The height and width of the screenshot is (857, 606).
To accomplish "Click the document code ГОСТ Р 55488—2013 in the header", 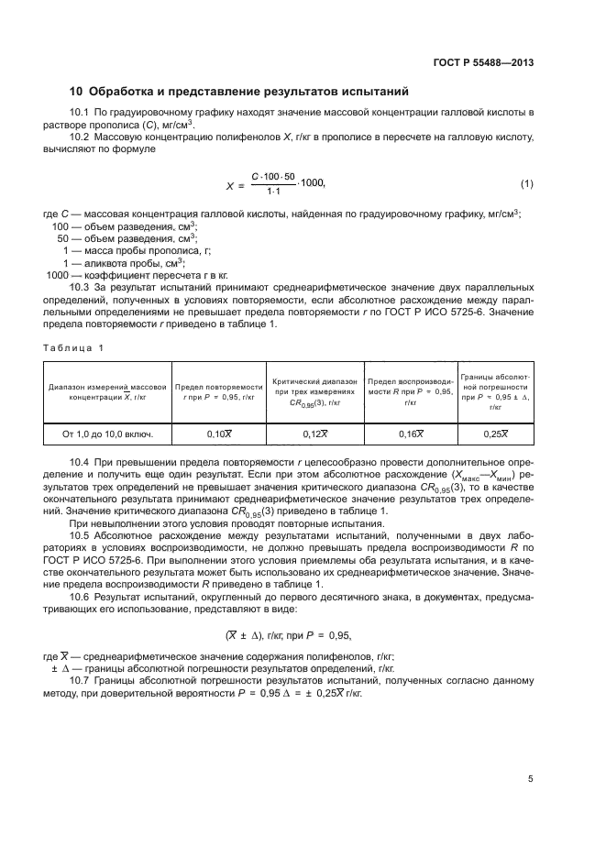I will pos(482,62).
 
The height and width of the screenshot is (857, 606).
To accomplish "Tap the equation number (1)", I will pos(526,184).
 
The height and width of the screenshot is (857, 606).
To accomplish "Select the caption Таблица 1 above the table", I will pos(74,347).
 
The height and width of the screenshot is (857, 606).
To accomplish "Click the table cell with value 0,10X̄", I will pos(218,433).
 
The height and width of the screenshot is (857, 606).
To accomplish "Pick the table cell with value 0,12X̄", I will pos(314,433).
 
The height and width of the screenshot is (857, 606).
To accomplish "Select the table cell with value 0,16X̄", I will pos(410,433).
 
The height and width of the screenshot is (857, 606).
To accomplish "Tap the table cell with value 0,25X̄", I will pos(495,433).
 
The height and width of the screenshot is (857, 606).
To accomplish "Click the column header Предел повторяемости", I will pos(218,392).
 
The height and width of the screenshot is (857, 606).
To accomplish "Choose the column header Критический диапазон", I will pos(314,391).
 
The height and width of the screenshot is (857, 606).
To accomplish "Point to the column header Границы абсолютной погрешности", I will pos(495,391).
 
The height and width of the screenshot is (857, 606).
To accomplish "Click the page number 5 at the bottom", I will pos(530,780).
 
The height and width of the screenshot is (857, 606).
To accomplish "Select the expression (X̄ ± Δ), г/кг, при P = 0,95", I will pos(288,634).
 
